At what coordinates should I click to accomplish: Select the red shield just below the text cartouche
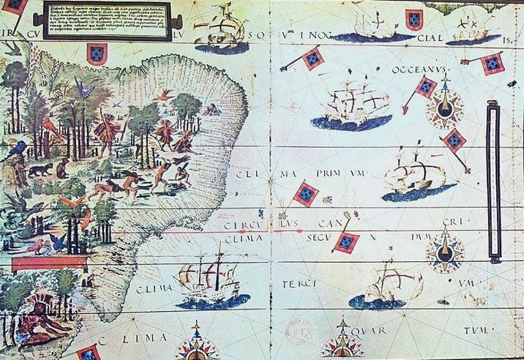97,52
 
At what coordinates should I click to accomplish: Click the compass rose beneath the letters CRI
444,249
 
